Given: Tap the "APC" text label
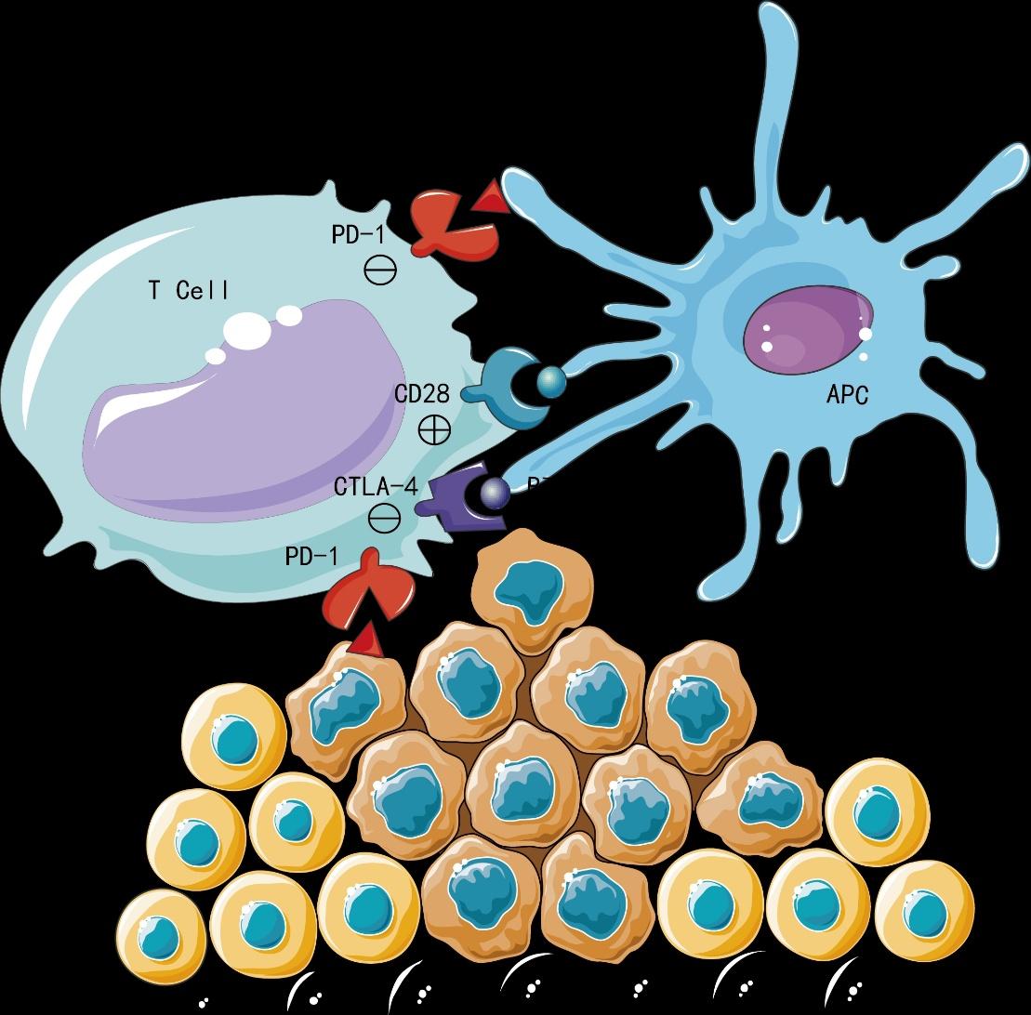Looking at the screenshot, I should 847,395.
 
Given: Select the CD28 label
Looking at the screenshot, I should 422,394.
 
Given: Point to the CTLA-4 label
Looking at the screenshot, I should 376,486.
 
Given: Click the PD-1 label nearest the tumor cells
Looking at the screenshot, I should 311,558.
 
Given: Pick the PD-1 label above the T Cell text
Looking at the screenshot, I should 358,234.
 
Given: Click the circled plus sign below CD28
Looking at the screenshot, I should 434,429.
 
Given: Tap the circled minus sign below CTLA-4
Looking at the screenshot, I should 383,518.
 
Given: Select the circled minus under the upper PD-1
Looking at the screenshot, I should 380,270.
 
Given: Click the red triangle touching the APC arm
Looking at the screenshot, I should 489,198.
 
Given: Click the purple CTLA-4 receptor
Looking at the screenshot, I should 452,498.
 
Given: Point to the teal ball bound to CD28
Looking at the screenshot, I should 549,380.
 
